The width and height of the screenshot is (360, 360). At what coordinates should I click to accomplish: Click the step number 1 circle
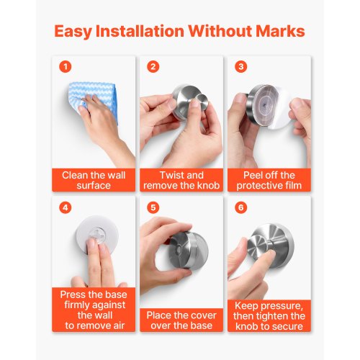[66, 66]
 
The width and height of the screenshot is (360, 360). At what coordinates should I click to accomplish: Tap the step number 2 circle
[153, 66]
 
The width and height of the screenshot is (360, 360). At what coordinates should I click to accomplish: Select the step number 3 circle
[241, 66]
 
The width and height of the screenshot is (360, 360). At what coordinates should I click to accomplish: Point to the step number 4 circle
[66, 207]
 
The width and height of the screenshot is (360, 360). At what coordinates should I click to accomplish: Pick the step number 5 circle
[153, 207]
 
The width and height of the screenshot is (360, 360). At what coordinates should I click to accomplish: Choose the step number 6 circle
[241, 207]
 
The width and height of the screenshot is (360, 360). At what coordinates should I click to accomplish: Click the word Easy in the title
[73, 32]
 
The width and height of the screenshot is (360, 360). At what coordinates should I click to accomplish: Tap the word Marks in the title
[280, 31]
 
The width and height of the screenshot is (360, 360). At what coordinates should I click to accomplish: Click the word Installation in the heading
[140, 31]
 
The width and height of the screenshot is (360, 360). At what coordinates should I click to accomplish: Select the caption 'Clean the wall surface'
[94, 180]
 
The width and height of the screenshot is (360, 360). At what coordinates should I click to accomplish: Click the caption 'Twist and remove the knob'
[181, 180]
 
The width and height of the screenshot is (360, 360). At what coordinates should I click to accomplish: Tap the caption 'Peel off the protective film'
[269, 180]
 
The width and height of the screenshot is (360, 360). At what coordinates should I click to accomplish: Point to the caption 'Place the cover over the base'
[181, 320]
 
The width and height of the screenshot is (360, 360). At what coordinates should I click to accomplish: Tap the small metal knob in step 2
[201, 102]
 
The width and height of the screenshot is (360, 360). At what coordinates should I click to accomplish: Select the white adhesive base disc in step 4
[97, 234]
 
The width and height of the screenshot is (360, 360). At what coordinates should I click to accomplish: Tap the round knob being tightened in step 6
[256, 247]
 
